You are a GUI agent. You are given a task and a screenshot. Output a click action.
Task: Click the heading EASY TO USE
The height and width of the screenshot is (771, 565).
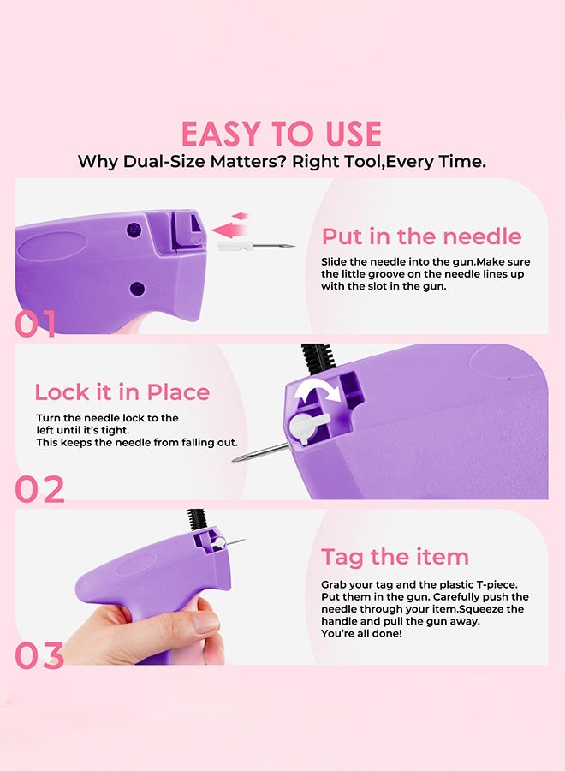click(282, 134)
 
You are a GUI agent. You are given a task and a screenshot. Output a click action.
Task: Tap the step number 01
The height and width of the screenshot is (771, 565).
click(35, 324)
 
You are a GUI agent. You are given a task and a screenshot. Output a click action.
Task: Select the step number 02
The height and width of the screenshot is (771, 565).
click(39, 489)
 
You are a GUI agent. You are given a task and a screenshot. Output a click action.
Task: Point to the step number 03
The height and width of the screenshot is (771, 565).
click(39, 655)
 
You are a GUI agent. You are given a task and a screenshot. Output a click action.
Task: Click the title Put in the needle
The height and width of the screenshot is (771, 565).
click(421, 236)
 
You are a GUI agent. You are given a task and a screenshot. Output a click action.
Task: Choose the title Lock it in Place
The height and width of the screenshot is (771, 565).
click(122, 392)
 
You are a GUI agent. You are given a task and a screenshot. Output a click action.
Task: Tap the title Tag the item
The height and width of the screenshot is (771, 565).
click(395, 557)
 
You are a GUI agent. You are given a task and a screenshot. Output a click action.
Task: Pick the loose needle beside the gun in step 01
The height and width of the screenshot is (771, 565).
click(256, 245)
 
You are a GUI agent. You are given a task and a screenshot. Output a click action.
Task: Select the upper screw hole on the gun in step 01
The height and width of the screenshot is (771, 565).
click(134, 229)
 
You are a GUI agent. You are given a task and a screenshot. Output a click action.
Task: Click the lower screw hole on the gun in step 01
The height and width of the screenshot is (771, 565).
click(137, 288)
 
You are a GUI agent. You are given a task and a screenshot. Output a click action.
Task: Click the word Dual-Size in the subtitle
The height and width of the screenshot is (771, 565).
click(164, 162)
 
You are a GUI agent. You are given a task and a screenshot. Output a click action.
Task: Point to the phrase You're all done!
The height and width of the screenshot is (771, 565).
click(361, 633)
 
